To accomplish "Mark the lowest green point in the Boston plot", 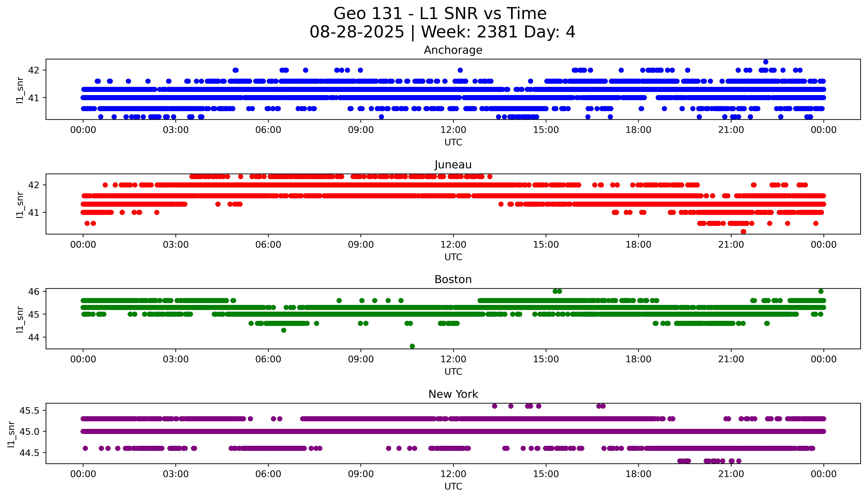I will pyautogui.click(x=412, y=346).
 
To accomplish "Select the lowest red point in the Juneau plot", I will pyautogui.click(x=743, y=232).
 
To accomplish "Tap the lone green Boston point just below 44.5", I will pyautogui.click(x=283, y=330).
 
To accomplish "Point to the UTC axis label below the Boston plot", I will pyautogui.click(x=453, y=371).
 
